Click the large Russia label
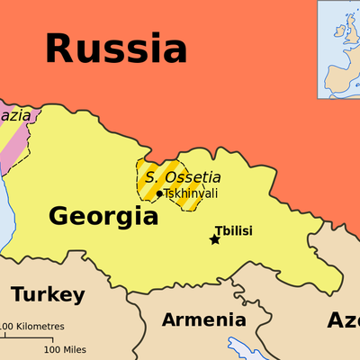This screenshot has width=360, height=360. coord(116,47)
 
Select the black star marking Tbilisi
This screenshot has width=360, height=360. coord(214,239)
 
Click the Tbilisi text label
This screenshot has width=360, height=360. coord(233,230)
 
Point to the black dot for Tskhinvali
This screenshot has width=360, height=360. coord(159,193)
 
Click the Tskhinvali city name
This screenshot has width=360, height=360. coord(191,193)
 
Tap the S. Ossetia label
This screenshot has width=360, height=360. coord(183,177)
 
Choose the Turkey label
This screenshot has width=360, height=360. coord(48,294)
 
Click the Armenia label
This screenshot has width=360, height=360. coord(203,319)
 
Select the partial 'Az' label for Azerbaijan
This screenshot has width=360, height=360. coord(342,320)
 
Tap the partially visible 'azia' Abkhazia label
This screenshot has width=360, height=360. coord(16,116)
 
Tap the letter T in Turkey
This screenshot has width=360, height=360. coord(18,294)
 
